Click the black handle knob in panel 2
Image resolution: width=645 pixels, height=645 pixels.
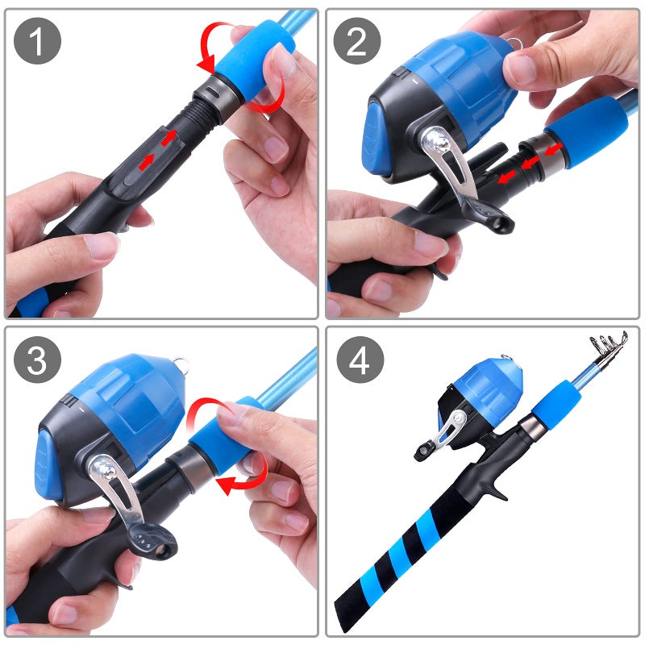point(492,216)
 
